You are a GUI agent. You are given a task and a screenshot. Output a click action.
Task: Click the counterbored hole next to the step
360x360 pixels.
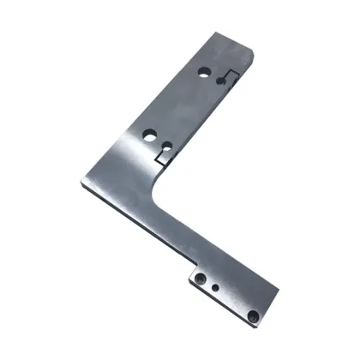point(200,280)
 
